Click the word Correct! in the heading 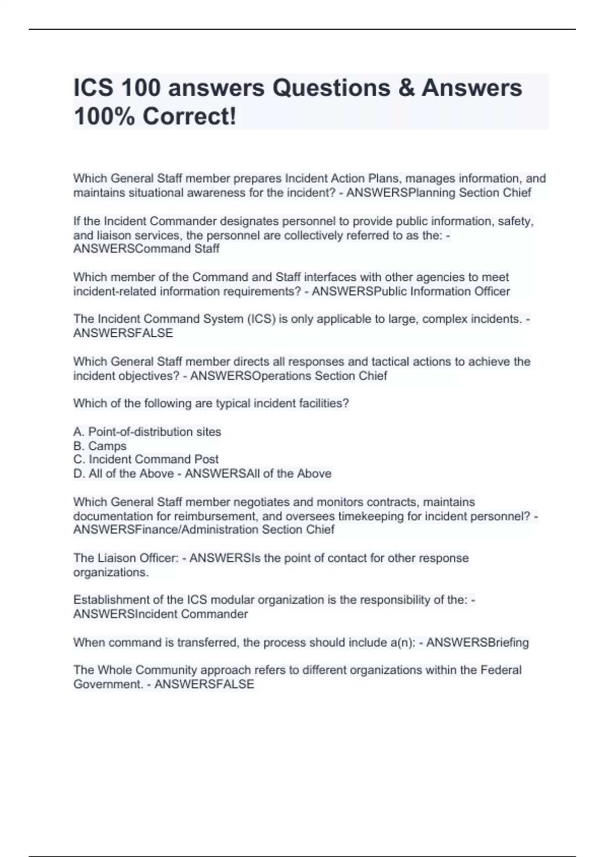click(189, 117)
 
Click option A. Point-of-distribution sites click(147, 432)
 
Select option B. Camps click(100, 446)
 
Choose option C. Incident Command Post click(146, 459)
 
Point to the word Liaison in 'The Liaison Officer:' click(117, 558)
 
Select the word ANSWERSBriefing click(477, 642)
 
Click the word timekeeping click(374, 516)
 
